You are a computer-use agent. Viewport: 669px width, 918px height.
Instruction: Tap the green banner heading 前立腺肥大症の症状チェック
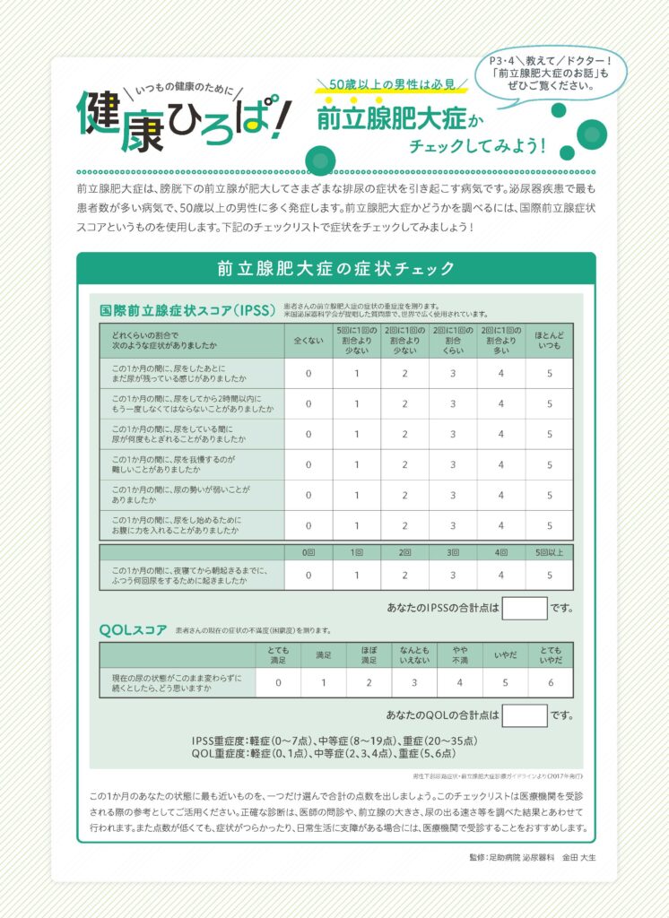(335, 268)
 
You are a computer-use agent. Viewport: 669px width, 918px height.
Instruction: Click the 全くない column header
(308, 341)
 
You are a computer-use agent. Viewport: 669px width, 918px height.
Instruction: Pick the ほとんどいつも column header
(550, 341)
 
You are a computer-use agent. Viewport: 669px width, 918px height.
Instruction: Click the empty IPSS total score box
(525, 608)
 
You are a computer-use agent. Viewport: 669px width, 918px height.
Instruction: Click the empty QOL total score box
(525, 714)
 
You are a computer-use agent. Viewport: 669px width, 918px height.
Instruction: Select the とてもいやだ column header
(550, 654)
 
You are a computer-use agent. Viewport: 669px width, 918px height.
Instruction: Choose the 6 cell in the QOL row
(550, 683)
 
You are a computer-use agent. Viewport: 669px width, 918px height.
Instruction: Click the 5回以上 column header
(550, 552)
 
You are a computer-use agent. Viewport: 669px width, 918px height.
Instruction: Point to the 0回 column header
(308, 552)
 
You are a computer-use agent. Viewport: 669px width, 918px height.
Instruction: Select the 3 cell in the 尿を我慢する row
(453, 464)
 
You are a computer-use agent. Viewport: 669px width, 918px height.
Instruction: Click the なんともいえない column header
(413, 654)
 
